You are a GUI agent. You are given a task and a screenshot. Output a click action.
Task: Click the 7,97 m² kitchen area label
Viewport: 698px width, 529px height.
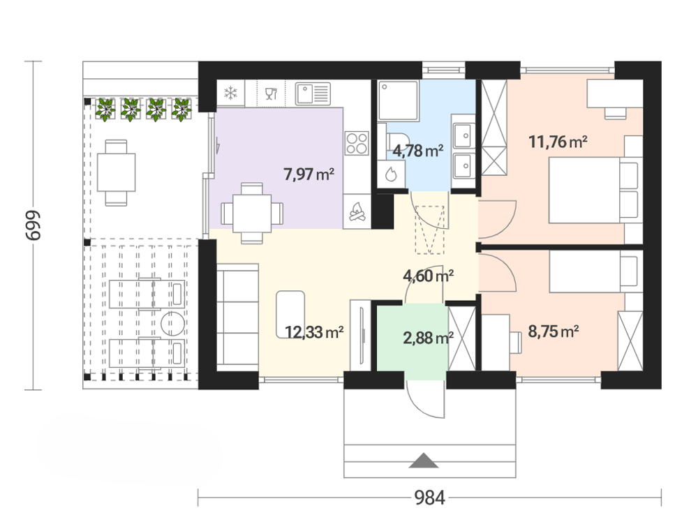pos(309,174)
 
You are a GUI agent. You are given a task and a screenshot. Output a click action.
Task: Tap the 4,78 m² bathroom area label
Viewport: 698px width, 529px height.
pos(417,151)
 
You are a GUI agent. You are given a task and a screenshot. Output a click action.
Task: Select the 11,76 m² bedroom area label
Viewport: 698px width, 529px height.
pos(558,142)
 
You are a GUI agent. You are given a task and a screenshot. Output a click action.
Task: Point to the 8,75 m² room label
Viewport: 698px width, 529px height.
pos(554,331)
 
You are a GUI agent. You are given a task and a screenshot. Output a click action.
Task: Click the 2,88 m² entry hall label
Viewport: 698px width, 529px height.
pos(429,338)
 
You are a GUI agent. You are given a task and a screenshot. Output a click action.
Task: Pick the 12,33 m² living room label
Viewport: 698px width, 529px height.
pos(314,332)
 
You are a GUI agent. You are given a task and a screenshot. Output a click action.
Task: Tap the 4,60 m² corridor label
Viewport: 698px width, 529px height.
pos(429,276)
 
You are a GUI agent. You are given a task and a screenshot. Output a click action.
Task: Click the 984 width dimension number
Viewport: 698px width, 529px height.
pos(429,498)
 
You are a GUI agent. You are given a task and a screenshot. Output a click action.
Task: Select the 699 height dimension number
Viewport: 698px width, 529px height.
pos(33,225)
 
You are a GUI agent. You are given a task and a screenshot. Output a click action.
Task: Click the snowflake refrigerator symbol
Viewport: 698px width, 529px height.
pos(230,94)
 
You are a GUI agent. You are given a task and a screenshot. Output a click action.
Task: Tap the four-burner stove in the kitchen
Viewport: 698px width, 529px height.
pos(357,143)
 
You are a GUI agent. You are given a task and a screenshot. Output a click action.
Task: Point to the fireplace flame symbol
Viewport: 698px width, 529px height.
pos(357,211)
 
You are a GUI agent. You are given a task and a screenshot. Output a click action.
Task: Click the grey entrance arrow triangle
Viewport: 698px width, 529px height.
pos(424,461)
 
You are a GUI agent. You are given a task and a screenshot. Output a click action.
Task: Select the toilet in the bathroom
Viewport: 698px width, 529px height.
pos(395,142)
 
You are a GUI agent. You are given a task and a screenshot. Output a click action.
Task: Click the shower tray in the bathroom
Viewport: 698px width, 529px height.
pos(398,100)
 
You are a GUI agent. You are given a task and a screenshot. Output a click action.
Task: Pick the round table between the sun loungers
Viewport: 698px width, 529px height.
pos(172,324)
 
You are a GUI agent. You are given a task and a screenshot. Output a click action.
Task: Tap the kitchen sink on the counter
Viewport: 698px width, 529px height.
pos(313,94)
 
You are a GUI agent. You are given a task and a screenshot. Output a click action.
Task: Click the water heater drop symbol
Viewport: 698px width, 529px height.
pos(391,174)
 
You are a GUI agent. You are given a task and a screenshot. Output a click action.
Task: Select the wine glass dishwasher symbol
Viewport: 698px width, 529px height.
pos(271,94)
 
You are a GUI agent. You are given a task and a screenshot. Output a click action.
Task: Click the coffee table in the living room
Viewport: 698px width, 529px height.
pos(290,315)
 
